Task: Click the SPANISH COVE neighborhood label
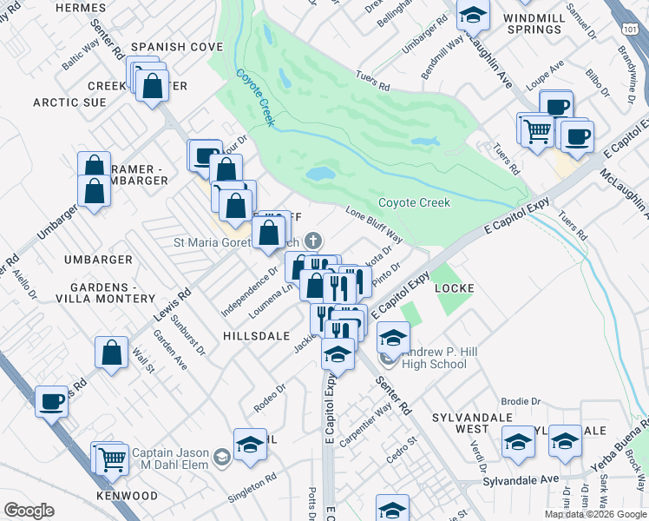click(170, 46)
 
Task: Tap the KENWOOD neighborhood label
click(128, 496)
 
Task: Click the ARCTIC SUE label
click(69, 102)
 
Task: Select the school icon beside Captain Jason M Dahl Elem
click(221, 455)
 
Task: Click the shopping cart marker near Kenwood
click(112, 459)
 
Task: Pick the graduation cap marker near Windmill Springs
click(473, 15)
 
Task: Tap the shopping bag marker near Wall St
click(111, 353)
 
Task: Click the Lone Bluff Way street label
click(375, 224)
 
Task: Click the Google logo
click(29, 511)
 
